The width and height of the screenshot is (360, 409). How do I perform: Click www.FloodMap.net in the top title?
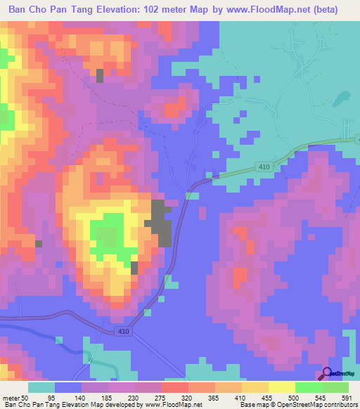[269, 10]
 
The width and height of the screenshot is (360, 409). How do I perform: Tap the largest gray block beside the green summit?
[161, 223]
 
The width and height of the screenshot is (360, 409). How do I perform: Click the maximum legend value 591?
[346, 398]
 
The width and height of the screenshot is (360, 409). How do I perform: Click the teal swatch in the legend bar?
[41, 387]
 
